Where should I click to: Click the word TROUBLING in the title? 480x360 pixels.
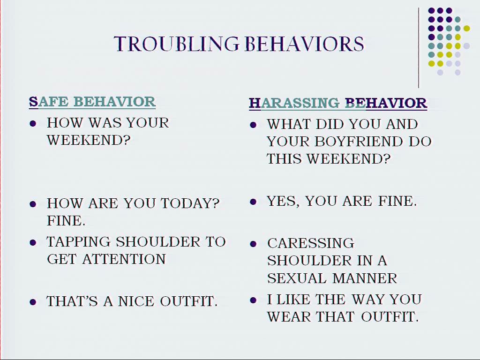pos(176,44)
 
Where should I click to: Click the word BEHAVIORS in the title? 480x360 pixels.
pos(305,44)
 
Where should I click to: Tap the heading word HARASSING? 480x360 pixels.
pos(294,103)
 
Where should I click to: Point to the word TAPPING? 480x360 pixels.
pos(78,242)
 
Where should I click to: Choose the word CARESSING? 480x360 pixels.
pos(311,243)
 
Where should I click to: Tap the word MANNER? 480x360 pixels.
pos(365,278)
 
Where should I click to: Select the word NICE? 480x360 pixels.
pos(136,301)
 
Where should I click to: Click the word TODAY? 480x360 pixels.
pos(190,203)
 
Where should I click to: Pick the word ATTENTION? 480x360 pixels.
pos(124,259)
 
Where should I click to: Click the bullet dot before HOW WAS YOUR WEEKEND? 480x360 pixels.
pos(33,124)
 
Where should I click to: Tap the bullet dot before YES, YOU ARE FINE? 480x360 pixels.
pos(253,202)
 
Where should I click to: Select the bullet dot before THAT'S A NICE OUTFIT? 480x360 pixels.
pos(33,302)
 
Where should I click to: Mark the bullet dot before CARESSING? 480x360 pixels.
pos(253,244)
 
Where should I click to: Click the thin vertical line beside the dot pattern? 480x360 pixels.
pos(419,48)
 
